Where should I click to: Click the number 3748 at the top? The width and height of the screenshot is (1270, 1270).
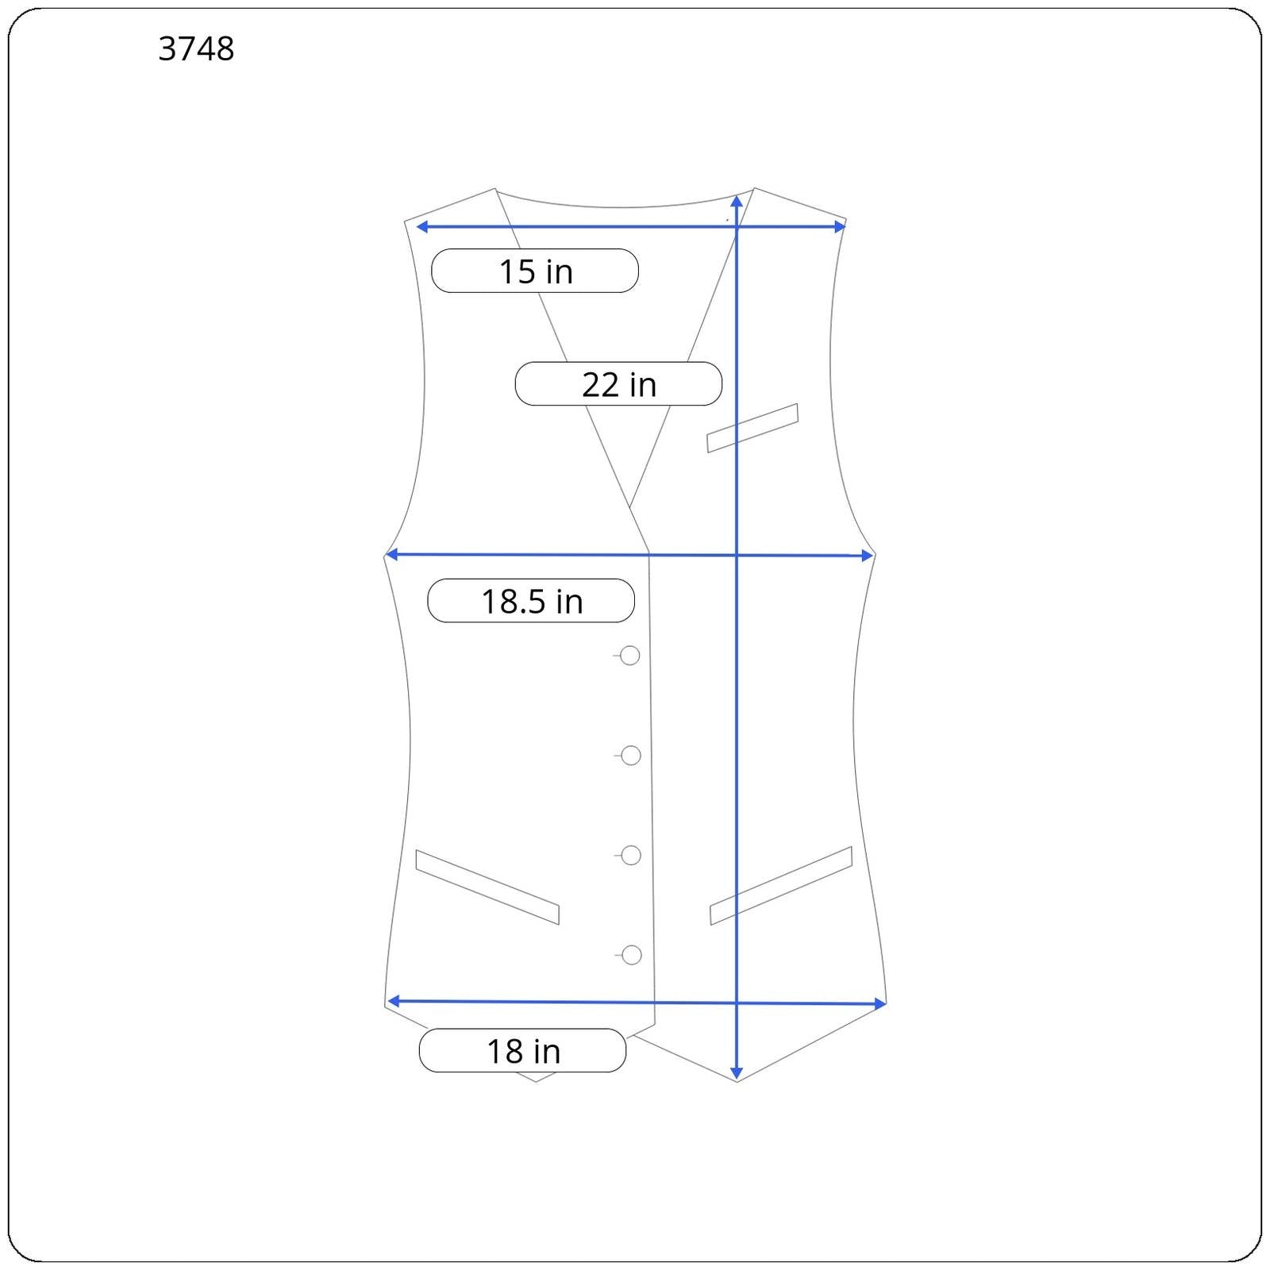tap(196, 49)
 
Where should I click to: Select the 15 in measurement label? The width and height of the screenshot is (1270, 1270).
tap(535, 271)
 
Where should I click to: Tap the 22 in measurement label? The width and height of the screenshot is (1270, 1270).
tap(618, 384)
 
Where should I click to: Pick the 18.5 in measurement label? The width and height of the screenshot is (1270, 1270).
tap(531, 601)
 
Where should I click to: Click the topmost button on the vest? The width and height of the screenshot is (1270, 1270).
tap(630, 656)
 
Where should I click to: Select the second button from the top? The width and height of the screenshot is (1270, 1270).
tap(631, 756)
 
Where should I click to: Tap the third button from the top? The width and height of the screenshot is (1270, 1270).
tap(631, 856)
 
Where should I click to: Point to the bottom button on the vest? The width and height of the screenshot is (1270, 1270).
tap(632, 955)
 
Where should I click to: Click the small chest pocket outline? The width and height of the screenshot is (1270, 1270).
tap(752, 428)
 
